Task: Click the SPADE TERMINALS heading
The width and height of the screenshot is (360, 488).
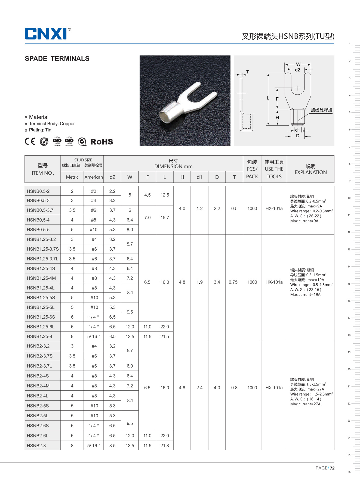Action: [x=57, y=59]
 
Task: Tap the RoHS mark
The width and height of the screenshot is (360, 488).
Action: [x=101, y=142]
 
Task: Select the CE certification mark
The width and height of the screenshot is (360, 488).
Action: [x=30, y=141]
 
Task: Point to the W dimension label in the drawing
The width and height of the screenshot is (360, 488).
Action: [x=298, y=64]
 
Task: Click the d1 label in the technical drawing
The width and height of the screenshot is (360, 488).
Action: [x=297, y=130]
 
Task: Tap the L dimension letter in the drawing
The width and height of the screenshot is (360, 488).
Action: [x=268, y=98]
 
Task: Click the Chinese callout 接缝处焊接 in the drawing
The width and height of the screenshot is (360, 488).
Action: [x=321, y=110]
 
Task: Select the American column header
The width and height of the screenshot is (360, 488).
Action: [x=94, y=177]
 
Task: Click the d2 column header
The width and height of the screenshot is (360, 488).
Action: [x=112, y=177]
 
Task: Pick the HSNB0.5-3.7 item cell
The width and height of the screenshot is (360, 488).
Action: [x=40, y=210]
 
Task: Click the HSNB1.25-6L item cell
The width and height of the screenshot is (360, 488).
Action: [x=41, y=327]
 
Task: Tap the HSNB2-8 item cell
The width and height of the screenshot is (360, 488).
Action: [x=36, y=446]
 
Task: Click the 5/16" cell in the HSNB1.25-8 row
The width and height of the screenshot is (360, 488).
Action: [x=94, y=337]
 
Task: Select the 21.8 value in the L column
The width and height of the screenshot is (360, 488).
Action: [x=165, y=446]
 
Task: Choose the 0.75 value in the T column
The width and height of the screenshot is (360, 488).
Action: [x=233, y=282]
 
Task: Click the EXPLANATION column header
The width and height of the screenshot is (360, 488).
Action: [x=310, y=172]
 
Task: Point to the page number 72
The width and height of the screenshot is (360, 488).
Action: [x=332, y=468]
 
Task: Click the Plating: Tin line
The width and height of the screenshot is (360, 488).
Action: [x=40, y=130]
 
